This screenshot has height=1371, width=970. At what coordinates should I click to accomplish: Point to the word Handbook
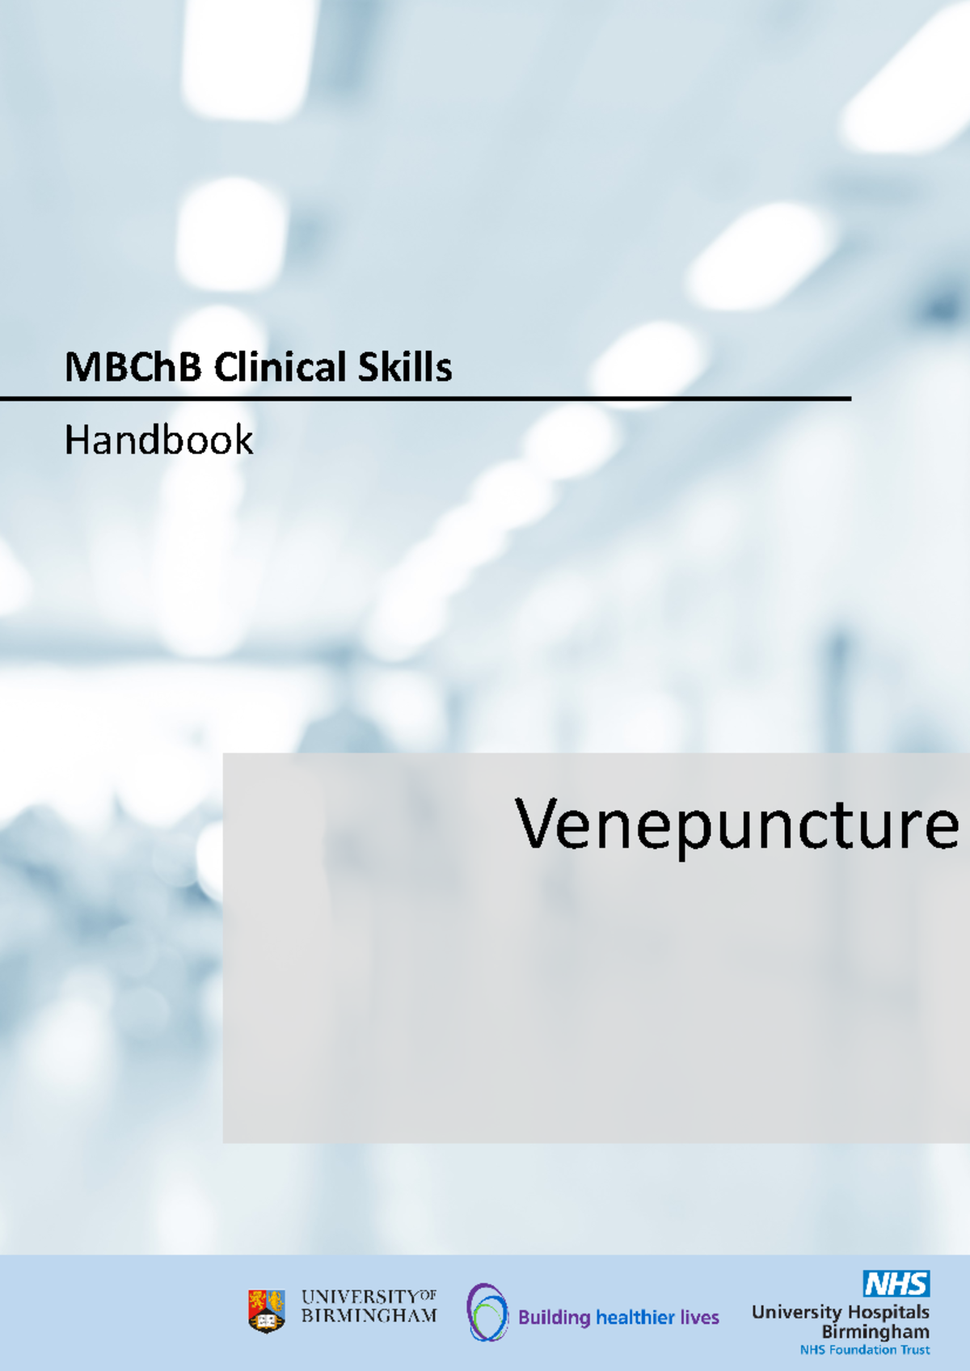tap(158, 441)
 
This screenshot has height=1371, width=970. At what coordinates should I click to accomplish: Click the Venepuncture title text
tap(736, 825)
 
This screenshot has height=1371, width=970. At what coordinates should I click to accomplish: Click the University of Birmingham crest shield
tap(266, 1310)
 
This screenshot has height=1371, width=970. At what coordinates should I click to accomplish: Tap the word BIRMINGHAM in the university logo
tap(369, 1316)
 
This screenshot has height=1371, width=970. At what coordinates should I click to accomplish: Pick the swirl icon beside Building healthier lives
tap(487, 1312)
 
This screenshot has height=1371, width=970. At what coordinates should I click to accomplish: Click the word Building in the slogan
tap(555, 1318)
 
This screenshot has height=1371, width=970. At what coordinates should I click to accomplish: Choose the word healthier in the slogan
tap(635, 1318)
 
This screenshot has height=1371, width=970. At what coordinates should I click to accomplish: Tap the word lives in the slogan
tap(699, 1318)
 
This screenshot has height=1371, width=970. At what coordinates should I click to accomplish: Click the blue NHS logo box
tap(896, 1283)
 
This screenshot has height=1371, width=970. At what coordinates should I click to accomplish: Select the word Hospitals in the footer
tap(888, 1312)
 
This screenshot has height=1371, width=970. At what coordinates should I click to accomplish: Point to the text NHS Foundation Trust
tap(864, 1350)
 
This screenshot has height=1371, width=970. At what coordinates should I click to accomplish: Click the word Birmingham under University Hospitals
tap(875, 1331)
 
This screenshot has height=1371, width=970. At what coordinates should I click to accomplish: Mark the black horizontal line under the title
tap(425, 399)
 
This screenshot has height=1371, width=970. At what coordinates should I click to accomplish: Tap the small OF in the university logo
tap(427, 1295)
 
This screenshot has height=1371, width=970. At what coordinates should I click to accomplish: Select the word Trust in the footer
tap(912, 1350)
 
